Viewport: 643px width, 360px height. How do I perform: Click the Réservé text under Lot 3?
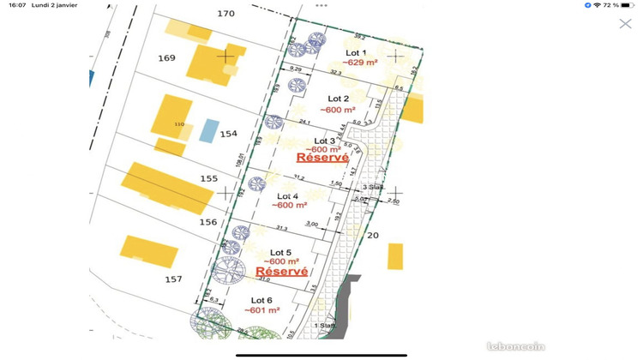tap(322, 158)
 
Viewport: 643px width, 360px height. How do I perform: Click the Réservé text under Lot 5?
tap(282, 271)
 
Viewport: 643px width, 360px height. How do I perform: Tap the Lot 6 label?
tap(258, 300)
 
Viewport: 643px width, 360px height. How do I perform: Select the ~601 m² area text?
tap(262, 310)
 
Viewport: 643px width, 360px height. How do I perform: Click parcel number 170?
tap(225, 14)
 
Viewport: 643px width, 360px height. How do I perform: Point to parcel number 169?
tap(166, 58)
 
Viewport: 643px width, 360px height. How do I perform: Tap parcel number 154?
tap(228, 135)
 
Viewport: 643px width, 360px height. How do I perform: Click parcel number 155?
tap(208, 178)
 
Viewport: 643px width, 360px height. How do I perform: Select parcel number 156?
tap(207, 222)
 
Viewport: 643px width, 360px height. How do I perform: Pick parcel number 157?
tap(173, 279)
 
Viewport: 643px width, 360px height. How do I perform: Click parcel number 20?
tap(372, 235)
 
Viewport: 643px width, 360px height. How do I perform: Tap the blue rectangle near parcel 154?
tap(208, 130)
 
